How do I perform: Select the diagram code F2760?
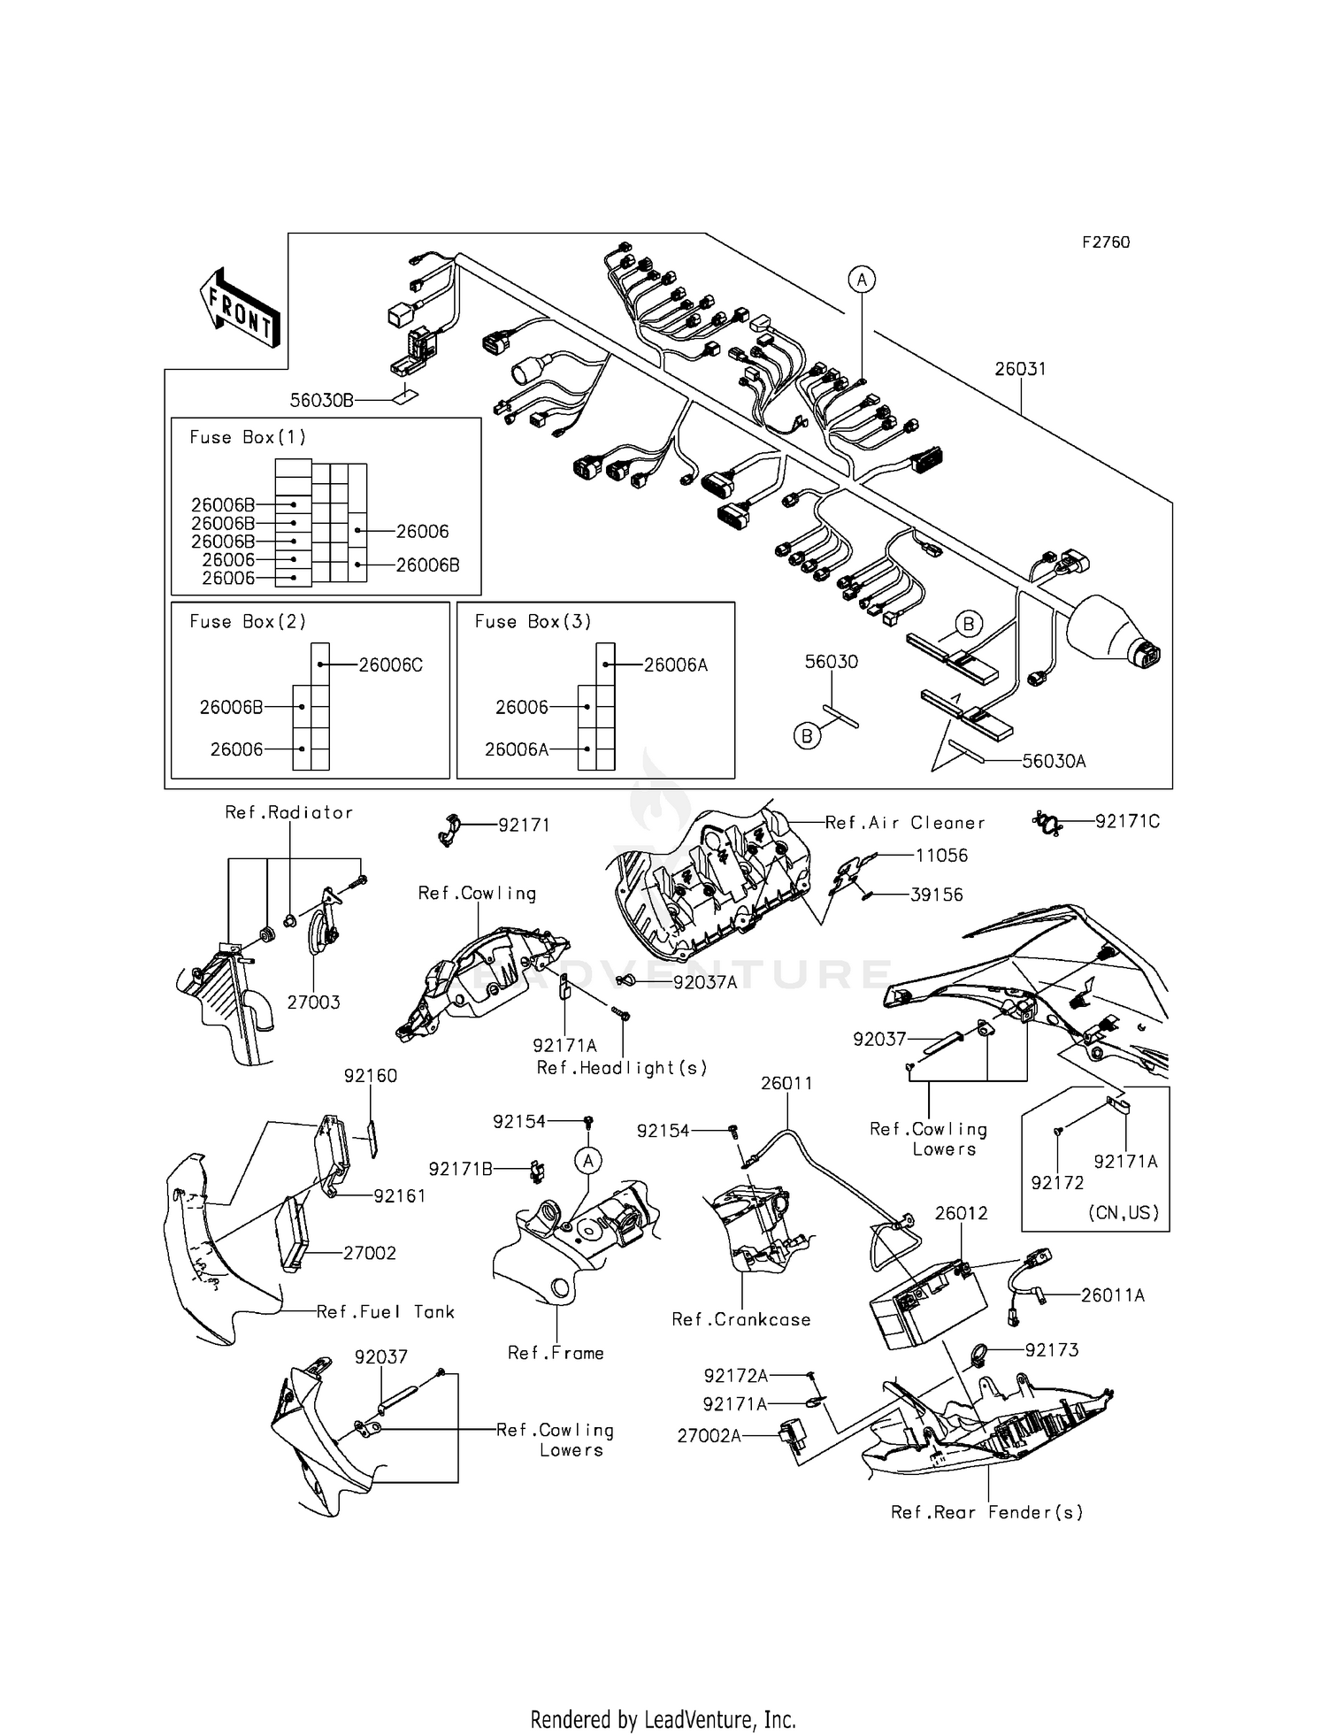click(1106, 242)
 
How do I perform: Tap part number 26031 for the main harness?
click(1019, 369)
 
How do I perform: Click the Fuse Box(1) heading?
click(248, 437)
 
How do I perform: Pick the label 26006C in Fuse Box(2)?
click(390, 665)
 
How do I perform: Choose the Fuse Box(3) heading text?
click(533, 622)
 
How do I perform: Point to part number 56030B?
click(321, 401)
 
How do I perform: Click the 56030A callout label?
click(1054, 761)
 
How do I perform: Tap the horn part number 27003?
click(313, 1002)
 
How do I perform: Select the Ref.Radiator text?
click(288, 812)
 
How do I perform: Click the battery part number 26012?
click(961, 1213)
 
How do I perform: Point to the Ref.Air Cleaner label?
click(904, 823)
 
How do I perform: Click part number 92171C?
click(1127, 822)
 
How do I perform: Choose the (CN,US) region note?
click(1123, 1213)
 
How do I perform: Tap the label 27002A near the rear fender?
click(709, 1436)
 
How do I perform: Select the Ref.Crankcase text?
click(740, 1319)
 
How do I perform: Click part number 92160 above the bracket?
click(370, 1076)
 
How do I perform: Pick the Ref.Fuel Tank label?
click(386, 1312)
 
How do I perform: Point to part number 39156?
click(937, 895)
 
